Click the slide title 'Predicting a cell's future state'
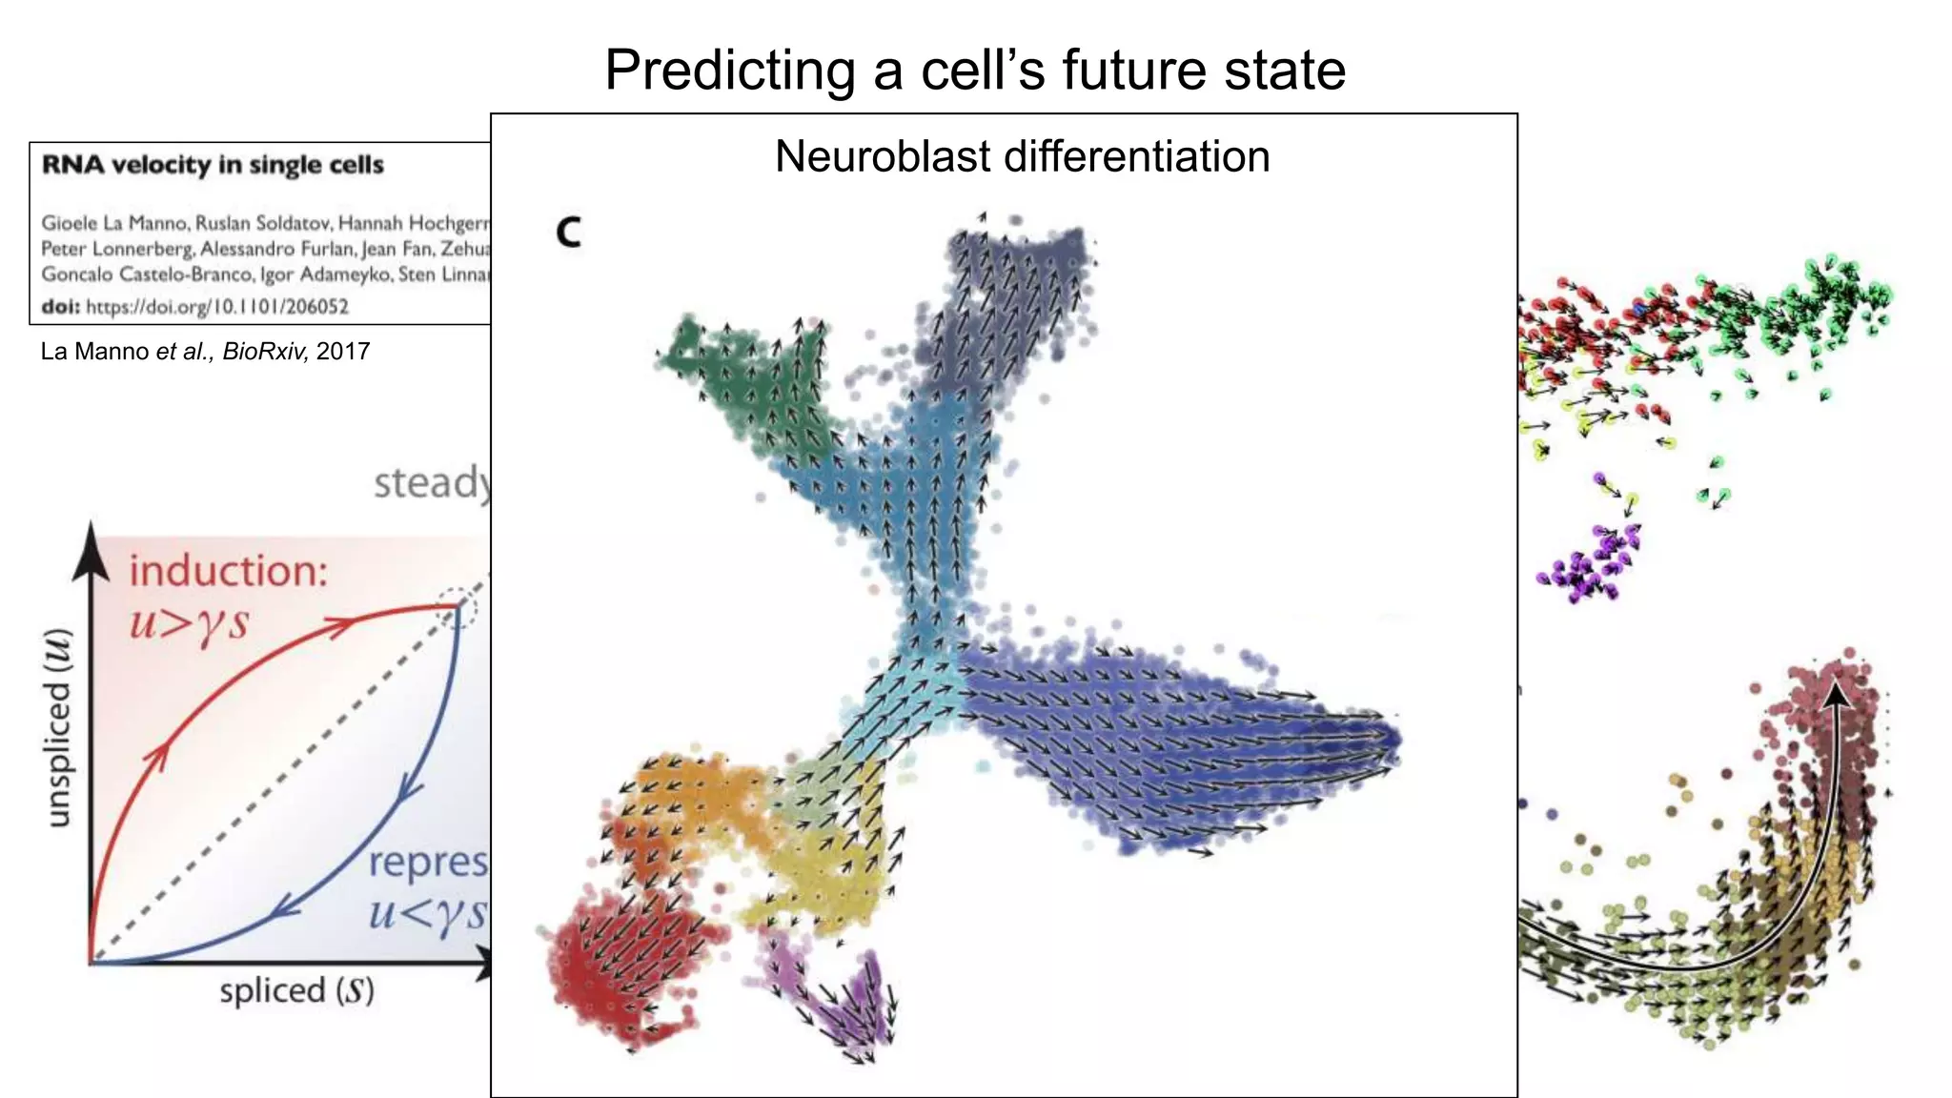[974, 70]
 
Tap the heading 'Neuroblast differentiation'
[1022, 156]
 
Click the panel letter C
[568, 232]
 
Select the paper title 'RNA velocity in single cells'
[213, 165]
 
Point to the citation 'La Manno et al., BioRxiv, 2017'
[205, 352]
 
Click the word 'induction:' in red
[229, 572]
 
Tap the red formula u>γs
[189, 623]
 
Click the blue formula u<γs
[427, 912]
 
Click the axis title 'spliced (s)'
[296, 990]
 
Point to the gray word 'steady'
[432, 483]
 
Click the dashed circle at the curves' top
[457, 606]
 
